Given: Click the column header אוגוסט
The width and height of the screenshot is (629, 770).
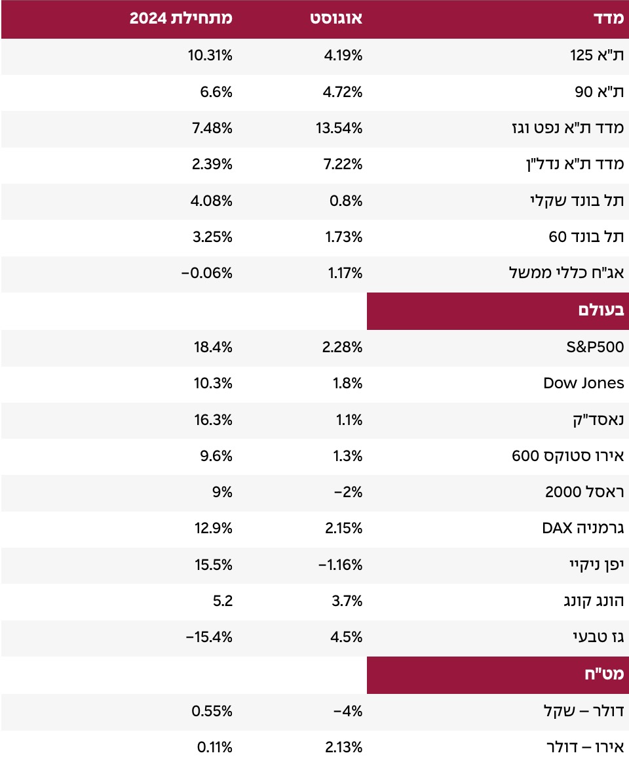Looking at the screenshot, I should pyautogui.click(x=336, y=19).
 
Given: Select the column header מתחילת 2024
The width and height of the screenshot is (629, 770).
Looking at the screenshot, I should pyautogui.click(x=181, y=19).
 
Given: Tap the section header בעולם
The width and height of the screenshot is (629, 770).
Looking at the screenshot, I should pyautogui.click(x=601, y=312).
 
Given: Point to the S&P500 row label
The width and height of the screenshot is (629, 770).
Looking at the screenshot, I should pyautogui.click(x=595, y=348).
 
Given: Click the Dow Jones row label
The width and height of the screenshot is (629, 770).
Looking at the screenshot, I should pyautogui.click(x=584, y=384).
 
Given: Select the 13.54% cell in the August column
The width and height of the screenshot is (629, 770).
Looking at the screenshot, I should pyautogui.click(x=339, y=129).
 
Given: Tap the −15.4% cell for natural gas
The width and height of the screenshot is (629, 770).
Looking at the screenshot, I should pyautogui.click(x=207, y=638).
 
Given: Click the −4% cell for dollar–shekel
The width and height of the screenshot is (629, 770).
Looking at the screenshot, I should pyautogui.click(x=348, y=712).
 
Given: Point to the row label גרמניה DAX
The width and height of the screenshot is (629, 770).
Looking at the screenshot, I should pyautogui.click(x=583, y=529).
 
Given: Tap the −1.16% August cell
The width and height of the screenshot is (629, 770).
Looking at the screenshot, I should pyautogui.click(x=338, y=565).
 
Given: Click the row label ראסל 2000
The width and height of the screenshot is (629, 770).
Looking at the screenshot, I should pyautogui.click(x=584, y=493).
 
